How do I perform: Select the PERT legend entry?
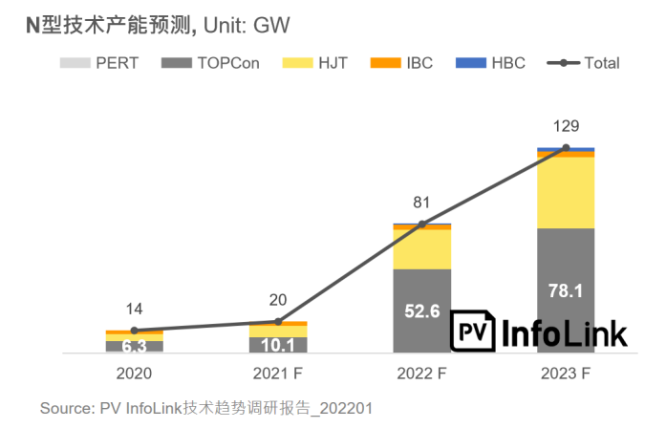pyautogui.click(x=100, y=63)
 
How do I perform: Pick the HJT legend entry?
pyautogui.click(x=315, y=63)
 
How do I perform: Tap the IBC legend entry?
pyautogui.click(x=405, y=63)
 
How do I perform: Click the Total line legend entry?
pyautogui.click(x=584, y=63)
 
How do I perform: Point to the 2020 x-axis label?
pyautogui.click(x=134, y=373)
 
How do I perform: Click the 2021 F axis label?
pyautogui.click(x=278, y=373)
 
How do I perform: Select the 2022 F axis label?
pyautogui.click(x=422, y=373)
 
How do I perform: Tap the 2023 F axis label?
pyautogui.click(x=566, y=373)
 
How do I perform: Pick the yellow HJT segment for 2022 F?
pyautogui.click(x=422, y=249)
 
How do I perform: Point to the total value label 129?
pyautogui.click(x=567, y=126)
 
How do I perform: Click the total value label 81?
pyautogui.click(x=422, y=203)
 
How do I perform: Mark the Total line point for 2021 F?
pyautogui.click(x=278, y=321)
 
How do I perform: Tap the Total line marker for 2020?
pyautogui.click(x=134, y=331)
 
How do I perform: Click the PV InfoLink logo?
pyautogui.click(x=540, y=332)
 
